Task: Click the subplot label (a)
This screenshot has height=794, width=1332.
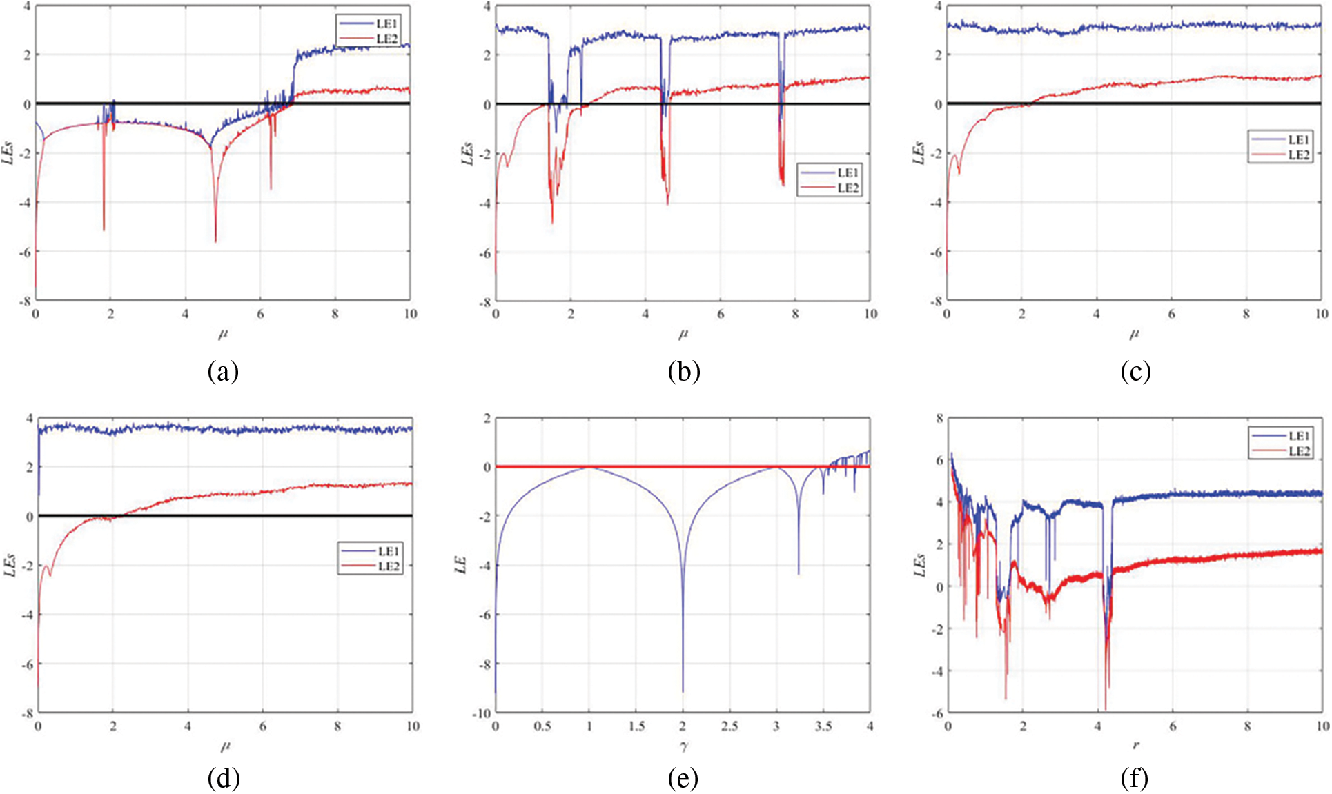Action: click(223, 372)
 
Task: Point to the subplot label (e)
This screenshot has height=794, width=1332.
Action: click(683, 779)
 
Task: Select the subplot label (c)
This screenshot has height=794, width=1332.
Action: click(1135, 372)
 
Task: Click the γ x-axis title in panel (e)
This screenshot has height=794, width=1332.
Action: click(683, 746)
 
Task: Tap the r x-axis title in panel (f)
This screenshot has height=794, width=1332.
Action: click(1135, 746)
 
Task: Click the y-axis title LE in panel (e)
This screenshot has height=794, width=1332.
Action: click(461, 565)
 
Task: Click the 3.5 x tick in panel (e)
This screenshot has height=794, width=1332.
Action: click(823, 726)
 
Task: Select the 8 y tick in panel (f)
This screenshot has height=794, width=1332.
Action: click(939, 418)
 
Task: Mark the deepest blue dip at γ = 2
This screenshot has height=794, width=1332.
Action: click(683, 691)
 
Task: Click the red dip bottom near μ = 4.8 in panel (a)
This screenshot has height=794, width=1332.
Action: click(215, 241)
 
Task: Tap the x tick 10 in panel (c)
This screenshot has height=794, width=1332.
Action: click(1321, 314)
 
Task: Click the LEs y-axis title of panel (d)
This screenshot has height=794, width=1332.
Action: click(10, 565)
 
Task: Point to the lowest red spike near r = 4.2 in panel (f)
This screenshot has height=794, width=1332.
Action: click(1105, 708)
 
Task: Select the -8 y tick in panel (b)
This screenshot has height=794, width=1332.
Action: click(486, 301)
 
